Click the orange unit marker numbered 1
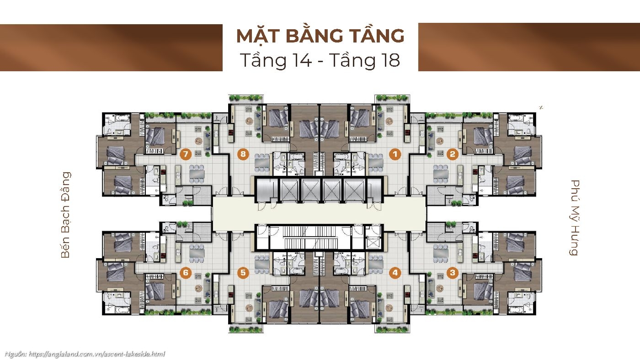[395, 154]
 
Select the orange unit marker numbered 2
[453, 154]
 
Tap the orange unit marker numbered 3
[453, 273]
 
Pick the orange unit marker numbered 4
[395, 273]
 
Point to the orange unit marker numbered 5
[243, 273]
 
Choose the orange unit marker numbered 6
[185, 273]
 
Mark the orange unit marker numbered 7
[185, 154]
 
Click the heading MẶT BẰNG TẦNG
[320, 36]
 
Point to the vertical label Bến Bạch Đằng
[66, 215]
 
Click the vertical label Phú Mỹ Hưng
[575, 217]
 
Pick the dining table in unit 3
[441, 251]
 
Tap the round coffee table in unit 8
[249, 122]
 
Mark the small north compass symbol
[541, 108]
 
